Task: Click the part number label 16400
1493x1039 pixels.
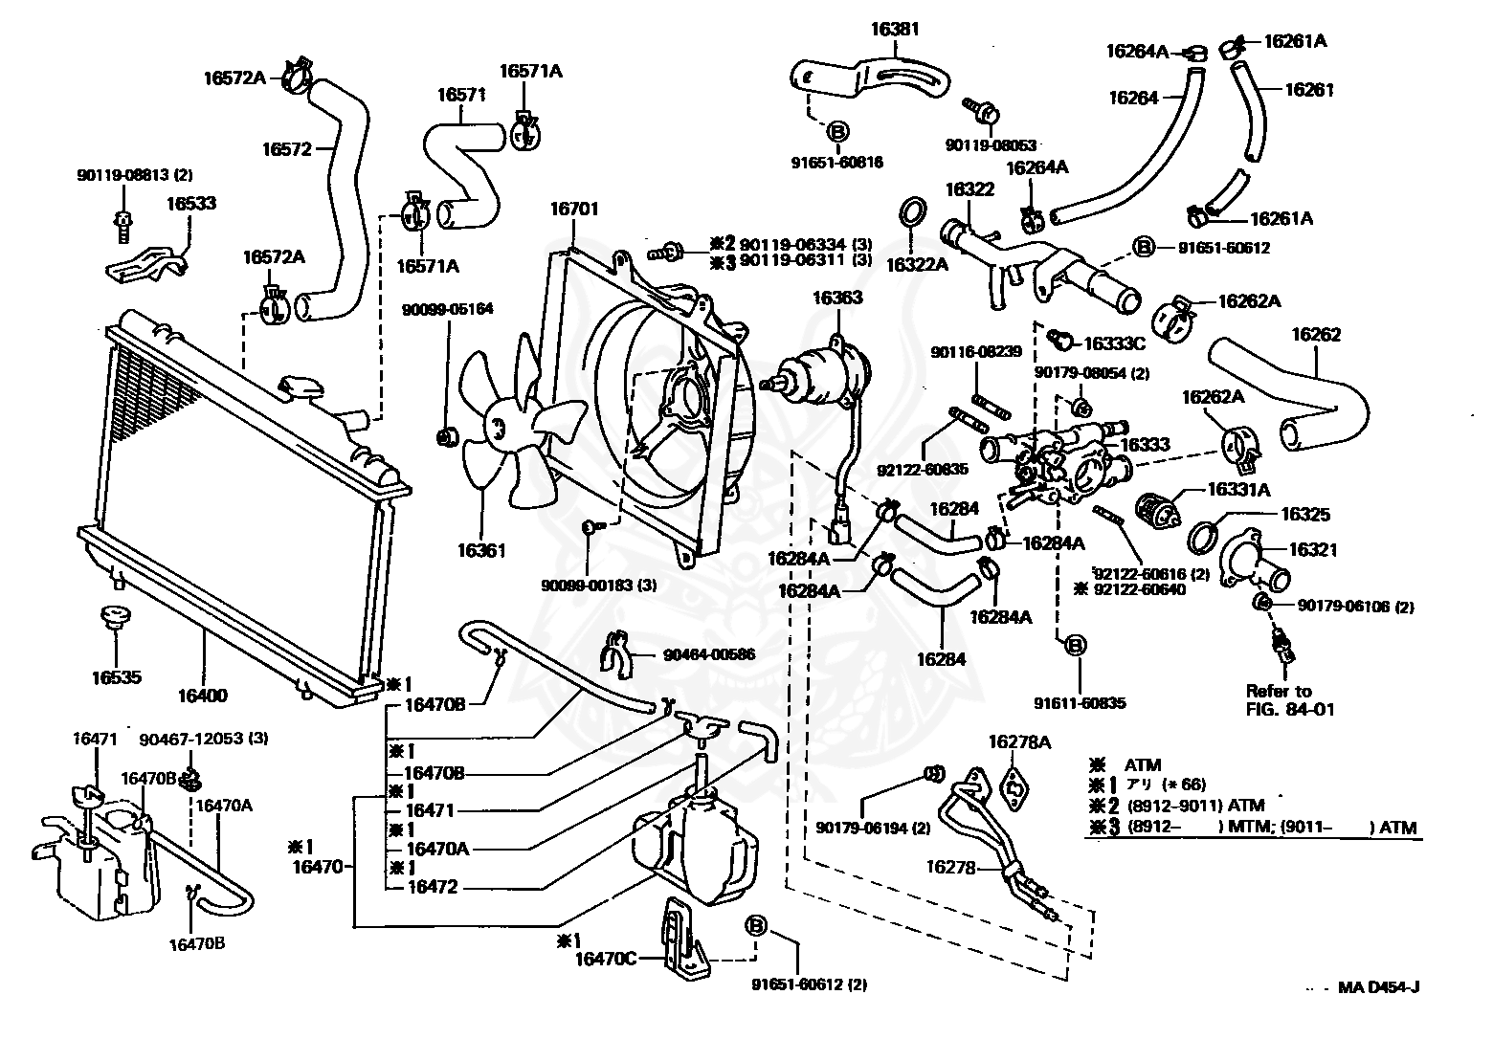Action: [203, 696]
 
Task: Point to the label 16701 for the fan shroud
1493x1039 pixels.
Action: [574, 210]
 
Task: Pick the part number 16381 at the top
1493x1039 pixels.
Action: [895, 30]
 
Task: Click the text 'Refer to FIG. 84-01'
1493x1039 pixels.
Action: [1290, 699]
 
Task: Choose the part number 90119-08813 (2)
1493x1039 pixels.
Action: [135, 175]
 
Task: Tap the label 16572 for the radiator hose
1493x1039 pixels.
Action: [286, 149]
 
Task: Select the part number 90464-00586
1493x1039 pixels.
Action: [709, 655]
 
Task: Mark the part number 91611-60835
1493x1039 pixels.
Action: [1080, 703]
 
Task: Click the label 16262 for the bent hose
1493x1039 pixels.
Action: [1316, 335]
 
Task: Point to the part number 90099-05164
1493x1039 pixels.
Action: [447, 310]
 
